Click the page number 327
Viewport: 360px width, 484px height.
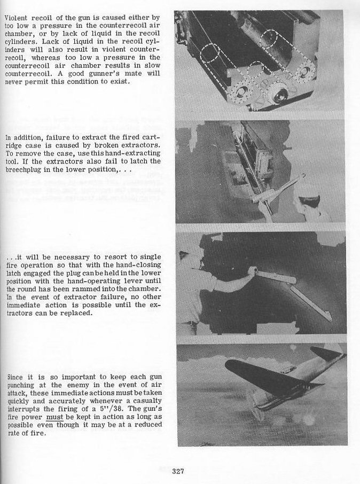[178, 471]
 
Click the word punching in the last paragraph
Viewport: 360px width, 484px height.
[21, 384]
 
